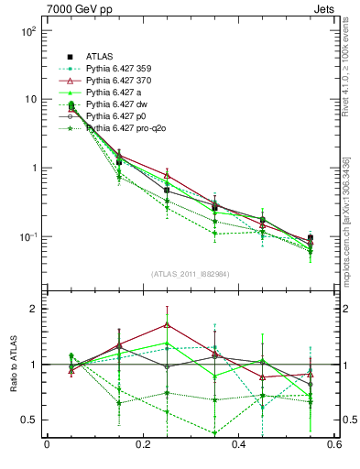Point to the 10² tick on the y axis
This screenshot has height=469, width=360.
27,31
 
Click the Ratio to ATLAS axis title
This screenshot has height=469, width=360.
13,364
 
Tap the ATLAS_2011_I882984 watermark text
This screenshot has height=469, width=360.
190,275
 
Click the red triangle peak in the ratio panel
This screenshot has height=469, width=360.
167,324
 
